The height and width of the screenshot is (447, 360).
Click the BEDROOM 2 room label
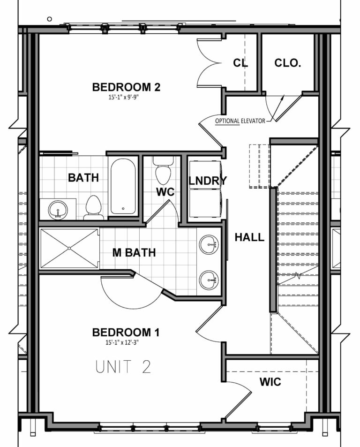pyautogui.click(x=126, y=87)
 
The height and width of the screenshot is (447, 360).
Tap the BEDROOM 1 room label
pyautogui.click(x=126, y=333)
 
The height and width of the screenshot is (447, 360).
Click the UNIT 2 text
pyautogui.click(x=123, y=366)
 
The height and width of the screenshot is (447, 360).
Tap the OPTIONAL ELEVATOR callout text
pyautogui.click(x=240, y=121)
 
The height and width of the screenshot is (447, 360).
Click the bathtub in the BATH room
pyautogui.click(x=123, y=186)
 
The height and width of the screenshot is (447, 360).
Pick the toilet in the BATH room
pyautogui.click(x=94, y=208)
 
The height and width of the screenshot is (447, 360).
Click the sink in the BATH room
pyautogui.click(x=58, y=208)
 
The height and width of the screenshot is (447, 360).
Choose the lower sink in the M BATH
pyautogui.click(x=209, y=280)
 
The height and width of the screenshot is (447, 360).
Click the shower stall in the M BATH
pyautogui.click(x=69, y=248)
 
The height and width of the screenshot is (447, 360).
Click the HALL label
pyautogui.click(x=249, y=237)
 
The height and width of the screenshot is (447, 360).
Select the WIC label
pyautogui.click(x=270, y=382)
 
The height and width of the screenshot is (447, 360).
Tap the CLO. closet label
pyautogui.click(x=287, y=63)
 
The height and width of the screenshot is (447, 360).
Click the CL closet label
pyautogui.click(x=240, y=63)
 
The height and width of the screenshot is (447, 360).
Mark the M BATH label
pyautogui.click(x=134, y=253)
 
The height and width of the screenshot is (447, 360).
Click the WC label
pyautogui.click(x=165, y=192)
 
